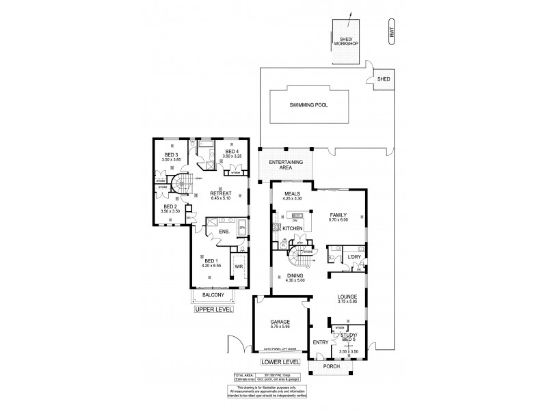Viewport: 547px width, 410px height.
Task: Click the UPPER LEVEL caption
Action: point(215,310)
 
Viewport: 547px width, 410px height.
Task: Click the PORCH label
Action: point(332,366)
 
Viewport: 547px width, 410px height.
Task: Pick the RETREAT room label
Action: point(220,193)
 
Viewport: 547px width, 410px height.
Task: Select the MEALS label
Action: point(292,193)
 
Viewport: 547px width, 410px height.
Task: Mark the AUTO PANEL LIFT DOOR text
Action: point(279,348)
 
